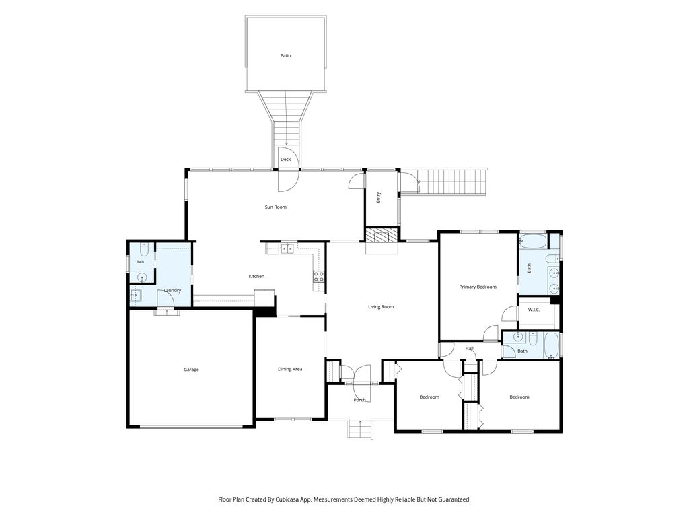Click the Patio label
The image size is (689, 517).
pyautogui.click(x=285, y=56)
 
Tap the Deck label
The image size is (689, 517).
pyautogui.click(x=285, y=159)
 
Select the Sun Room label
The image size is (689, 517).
pyautogui.click(x=275, y=207)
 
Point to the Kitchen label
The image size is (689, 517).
pyautogui.click(x=256, y=276)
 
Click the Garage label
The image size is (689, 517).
pyautogui.click(x=191, y=370)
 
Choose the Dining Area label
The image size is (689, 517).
pyautogui.click(x=290, y=370)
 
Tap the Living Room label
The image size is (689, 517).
pyautogui.click(x=381, y=307)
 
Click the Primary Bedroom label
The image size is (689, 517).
pyautogui.click(x=478, y=287)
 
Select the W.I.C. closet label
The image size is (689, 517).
pyautogui.click(x=534, y=310)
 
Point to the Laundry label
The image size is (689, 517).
pyautogui.click(x=173, y=291)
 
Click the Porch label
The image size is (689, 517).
pyautogui.click(x=359, y=400)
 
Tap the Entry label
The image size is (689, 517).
pyautogui.click(x=379, y=197)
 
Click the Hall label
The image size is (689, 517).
pyautogui.click(x=470, y=349)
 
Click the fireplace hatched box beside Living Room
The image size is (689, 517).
pyautogui.click(x=382, y=235)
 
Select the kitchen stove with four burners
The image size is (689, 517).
pyautogui.click(x=319, y=277)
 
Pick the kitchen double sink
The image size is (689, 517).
pyautogui.click(x=287, y=249)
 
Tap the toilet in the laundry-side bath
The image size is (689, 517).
pyautogui.click(x=144, y=250)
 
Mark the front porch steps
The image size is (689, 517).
pyautogui.click(x=361, y=429)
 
